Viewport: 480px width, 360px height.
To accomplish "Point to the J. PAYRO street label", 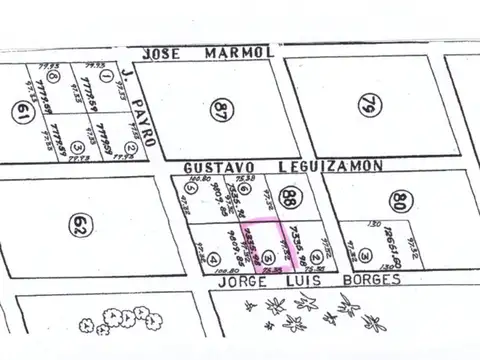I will pos(140,107).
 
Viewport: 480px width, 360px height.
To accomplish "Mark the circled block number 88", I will pos(290,197).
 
